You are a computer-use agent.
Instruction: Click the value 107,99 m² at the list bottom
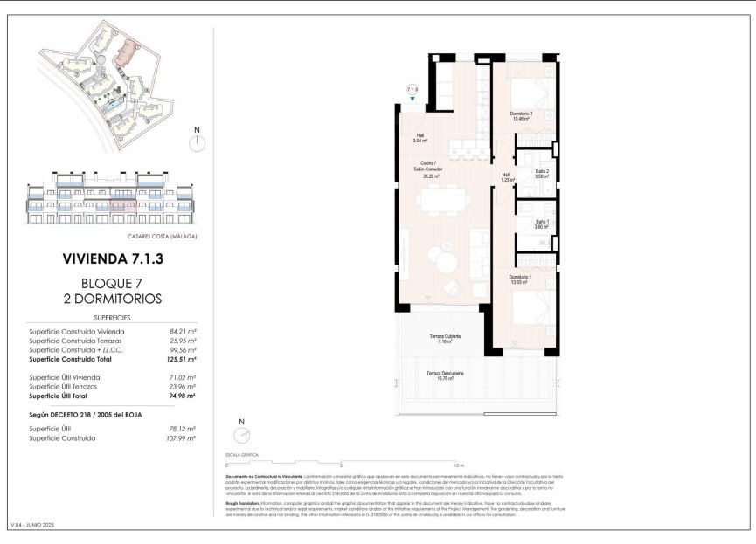[182, 437]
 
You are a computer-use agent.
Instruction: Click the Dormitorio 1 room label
[521, 279]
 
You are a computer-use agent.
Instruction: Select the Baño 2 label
[542, 173]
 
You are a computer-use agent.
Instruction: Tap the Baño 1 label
[542, 224]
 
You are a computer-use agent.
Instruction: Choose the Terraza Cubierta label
[445, 338]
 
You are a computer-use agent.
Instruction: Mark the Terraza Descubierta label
[445, 375]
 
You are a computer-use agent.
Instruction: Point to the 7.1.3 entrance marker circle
[412, 89]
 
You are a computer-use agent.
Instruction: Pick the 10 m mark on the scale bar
[459, 465]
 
